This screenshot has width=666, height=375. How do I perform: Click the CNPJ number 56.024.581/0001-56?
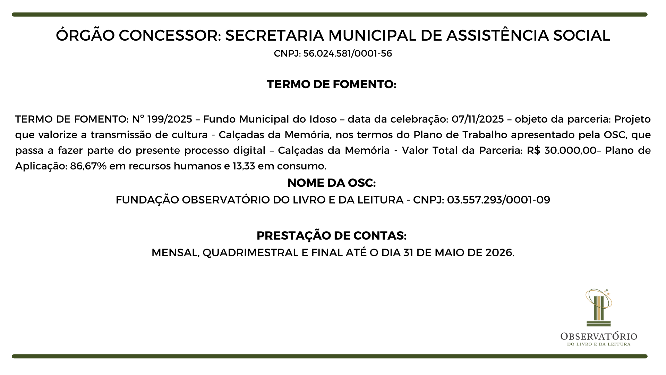[348, 54]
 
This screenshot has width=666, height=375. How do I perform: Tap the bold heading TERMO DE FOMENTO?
[332, 84]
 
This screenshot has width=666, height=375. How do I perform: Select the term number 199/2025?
[170, 119]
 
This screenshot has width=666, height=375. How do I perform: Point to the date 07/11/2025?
[478, 119]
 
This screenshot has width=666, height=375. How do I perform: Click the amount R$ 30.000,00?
[561, 150]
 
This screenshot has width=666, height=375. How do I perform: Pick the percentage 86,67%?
[88, 166]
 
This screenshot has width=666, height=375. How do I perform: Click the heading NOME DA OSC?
[332, 183]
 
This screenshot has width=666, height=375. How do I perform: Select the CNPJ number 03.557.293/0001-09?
[498, 200]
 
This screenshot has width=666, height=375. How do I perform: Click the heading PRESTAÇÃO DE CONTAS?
[332, 236]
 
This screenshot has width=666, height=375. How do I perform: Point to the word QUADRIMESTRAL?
[250, 253]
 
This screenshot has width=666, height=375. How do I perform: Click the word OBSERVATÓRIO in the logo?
[599, 336]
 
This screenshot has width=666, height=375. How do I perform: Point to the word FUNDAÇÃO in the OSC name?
[147, 200]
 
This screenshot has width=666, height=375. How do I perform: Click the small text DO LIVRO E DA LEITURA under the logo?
[599, 344]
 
